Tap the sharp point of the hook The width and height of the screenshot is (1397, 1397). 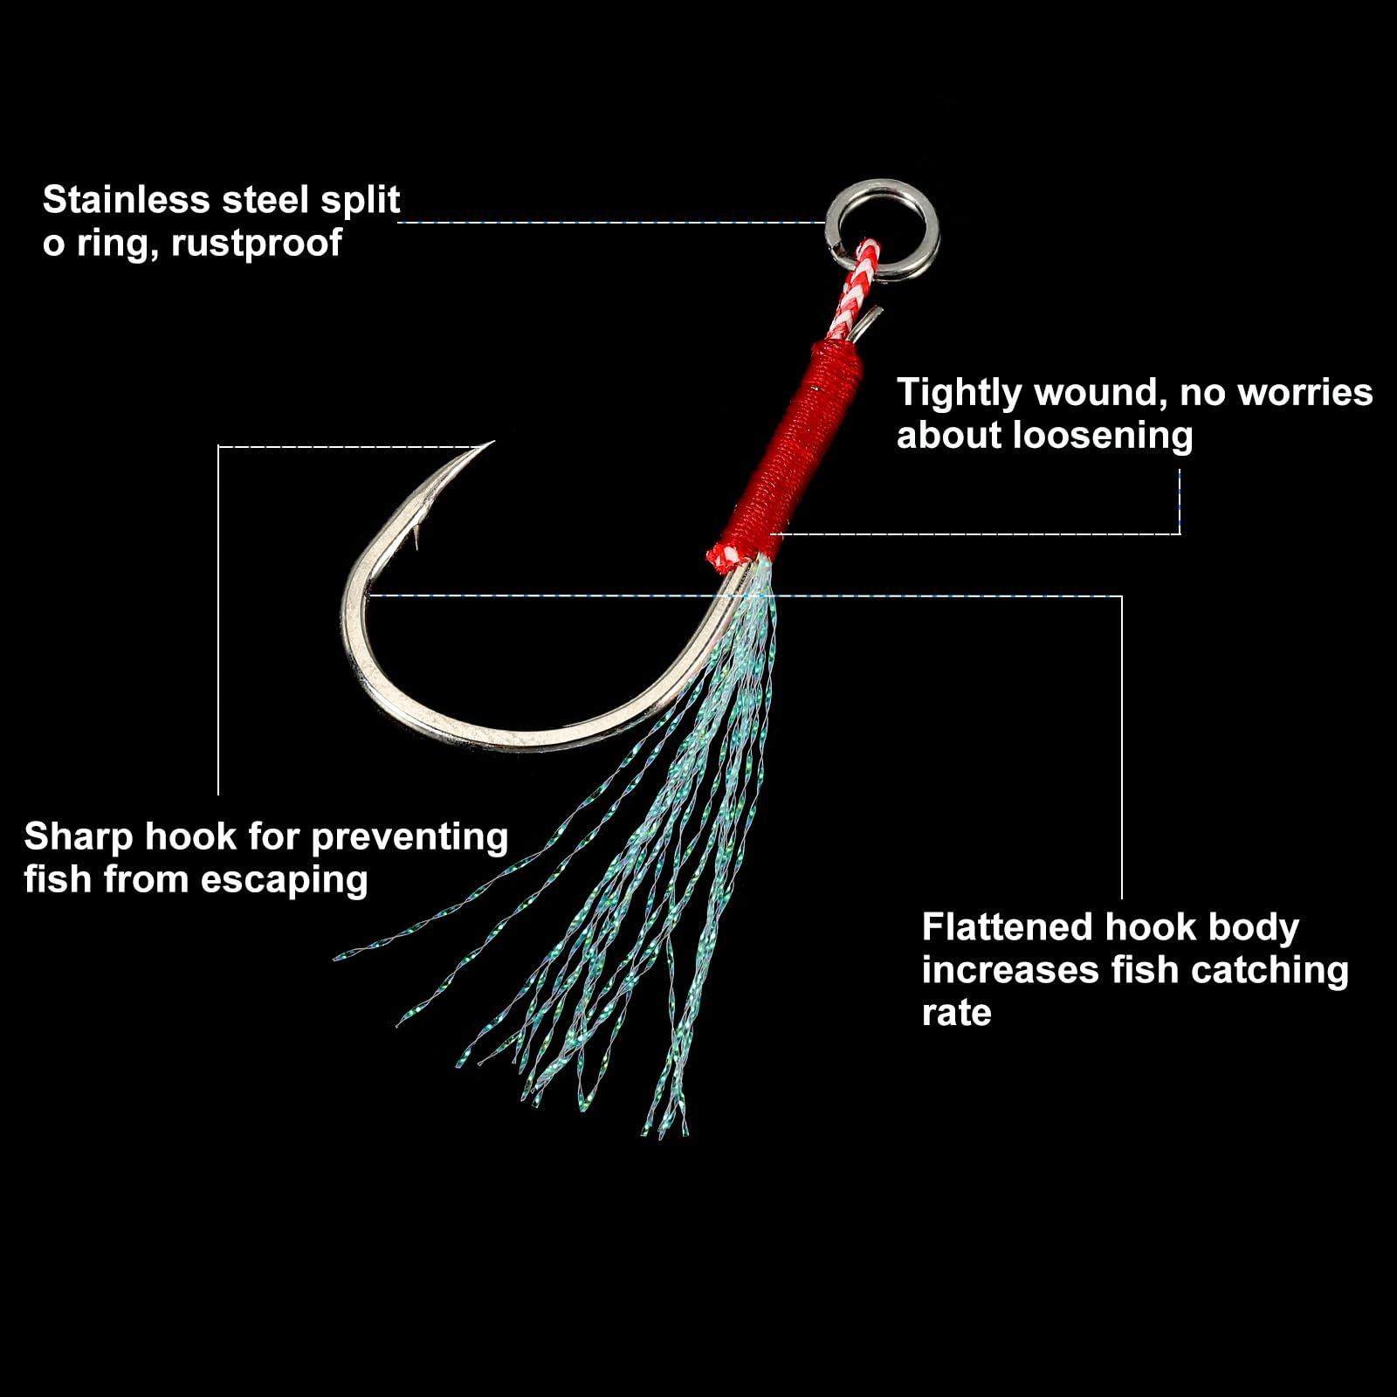492,443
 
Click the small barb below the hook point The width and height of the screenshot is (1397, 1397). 417,533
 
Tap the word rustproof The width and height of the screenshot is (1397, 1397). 256,244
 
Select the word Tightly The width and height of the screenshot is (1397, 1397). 960,394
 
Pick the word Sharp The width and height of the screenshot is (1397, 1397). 79,837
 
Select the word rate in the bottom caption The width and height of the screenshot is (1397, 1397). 956,1014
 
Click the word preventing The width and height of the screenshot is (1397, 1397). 409,837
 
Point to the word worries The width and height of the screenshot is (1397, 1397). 1308,394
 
